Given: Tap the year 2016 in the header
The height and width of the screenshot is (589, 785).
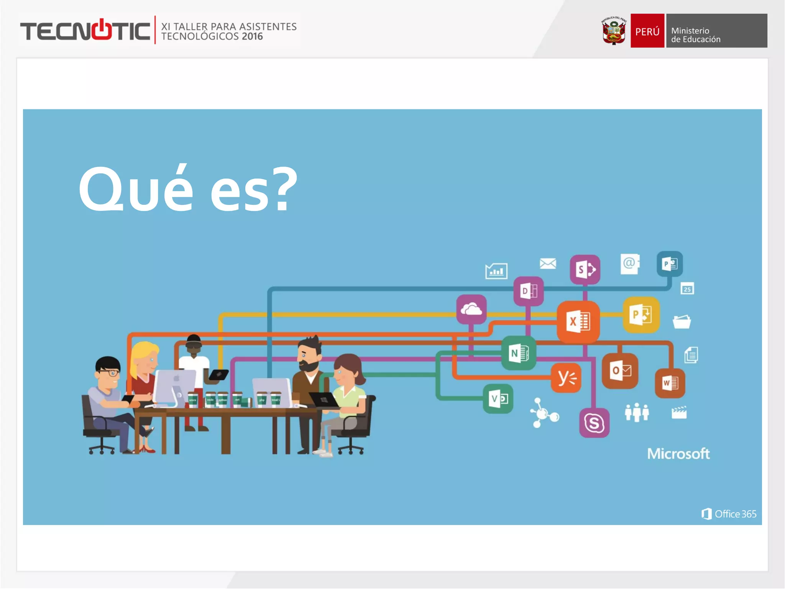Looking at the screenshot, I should (x=252, y=36).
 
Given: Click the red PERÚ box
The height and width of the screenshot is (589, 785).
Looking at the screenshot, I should (x=647, y=31).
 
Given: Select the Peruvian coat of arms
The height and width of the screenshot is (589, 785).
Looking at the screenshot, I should (x=614, y=31).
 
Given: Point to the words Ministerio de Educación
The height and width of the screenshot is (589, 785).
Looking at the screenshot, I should (x=695, y=35).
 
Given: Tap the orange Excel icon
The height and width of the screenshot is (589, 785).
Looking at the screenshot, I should (x=578, y=321).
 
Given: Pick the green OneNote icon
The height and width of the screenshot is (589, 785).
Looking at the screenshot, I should (x=519, y=353).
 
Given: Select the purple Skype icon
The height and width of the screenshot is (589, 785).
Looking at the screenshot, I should (x=594, y=423).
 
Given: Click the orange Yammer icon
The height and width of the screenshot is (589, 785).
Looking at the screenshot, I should (x=566, y=378).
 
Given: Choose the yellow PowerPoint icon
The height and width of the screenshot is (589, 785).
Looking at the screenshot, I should (x=641, y=315).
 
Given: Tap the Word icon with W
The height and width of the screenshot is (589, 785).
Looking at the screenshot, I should (x=670, y=383).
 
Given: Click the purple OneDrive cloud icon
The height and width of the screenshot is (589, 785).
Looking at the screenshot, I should (x=471, y=309).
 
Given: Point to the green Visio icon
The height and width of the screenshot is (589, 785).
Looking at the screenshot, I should (x=498, y=399).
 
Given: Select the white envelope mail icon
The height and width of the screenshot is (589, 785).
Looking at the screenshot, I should (x=548, y=263).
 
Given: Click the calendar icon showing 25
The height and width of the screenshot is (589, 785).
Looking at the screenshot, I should (x=687, y=289).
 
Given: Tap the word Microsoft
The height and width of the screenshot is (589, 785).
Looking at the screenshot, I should (x=678, y=454).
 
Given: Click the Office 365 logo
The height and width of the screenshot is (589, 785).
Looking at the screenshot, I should (x=729, y=514).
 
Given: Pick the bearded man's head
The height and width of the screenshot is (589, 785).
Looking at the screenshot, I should (x=309, y=354).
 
